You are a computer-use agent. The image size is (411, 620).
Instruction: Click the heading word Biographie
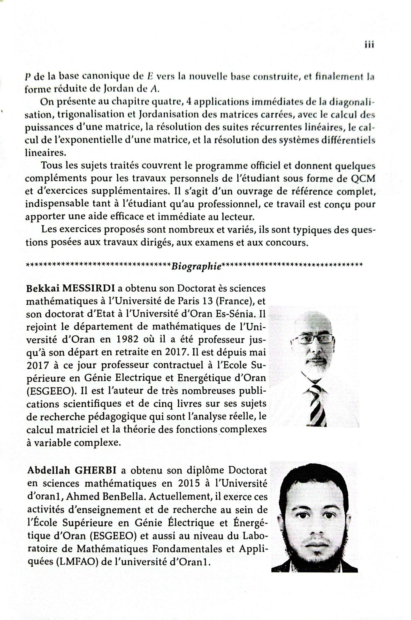196,266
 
